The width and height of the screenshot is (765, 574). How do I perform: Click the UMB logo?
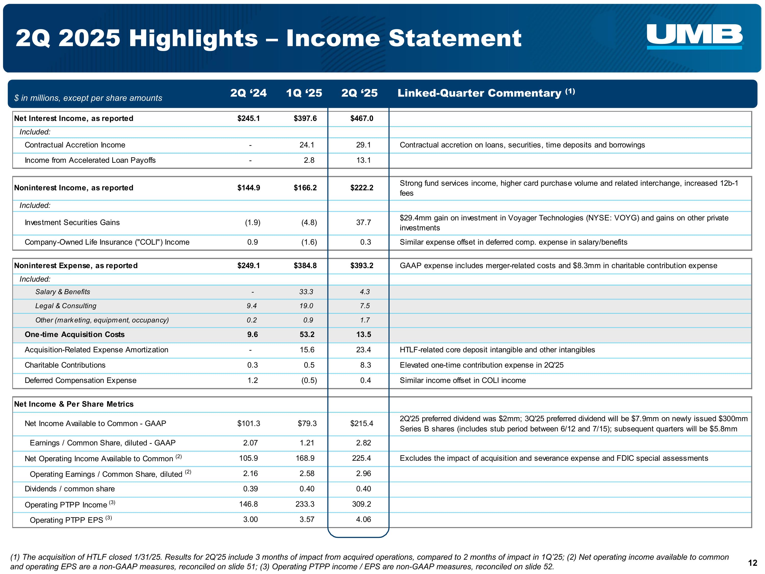(694, 36)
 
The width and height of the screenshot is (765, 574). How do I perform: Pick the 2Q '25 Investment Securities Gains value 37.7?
(363, 222)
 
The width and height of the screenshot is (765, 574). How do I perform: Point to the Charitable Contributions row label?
(65, 365)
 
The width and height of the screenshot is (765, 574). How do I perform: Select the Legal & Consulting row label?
(66, 306)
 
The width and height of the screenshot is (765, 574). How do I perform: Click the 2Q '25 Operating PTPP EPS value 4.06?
(363, 519)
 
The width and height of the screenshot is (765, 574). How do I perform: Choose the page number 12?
(753, 563)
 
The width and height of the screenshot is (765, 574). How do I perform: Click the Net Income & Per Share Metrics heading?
(74, 404)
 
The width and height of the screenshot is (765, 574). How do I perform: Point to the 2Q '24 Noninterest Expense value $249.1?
(248, 266)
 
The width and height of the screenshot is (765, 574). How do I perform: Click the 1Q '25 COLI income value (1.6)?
(309, 242)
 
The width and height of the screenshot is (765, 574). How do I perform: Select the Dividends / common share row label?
(70, 489)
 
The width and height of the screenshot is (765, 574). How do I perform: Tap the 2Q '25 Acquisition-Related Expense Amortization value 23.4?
(363, 350)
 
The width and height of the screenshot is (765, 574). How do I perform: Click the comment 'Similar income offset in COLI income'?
(462, 380)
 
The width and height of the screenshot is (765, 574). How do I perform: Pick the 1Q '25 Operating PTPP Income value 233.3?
(305, 504)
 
